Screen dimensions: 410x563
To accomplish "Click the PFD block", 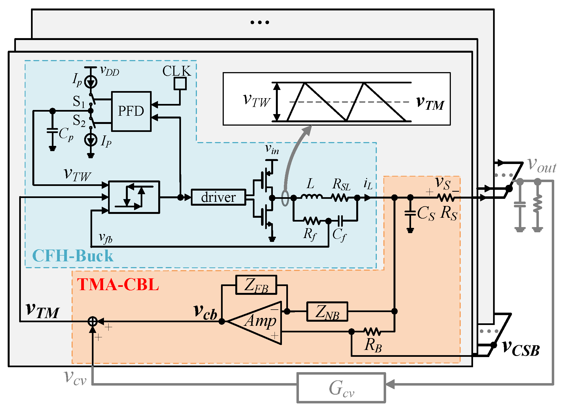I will (x=131, y=111).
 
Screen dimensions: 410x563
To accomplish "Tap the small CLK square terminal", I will (x=180, y=84).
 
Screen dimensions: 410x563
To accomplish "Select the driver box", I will (x=218, y=197).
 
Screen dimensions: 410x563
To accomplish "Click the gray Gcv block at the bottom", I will (x=341, y=388).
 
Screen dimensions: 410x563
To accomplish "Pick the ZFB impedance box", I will (x=256, y=285).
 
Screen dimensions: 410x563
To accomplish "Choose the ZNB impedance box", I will (x=327, y=312).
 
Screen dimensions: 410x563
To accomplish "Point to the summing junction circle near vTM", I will (x=93, y=321).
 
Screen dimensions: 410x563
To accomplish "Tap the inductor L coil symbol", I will (x=311, y=196).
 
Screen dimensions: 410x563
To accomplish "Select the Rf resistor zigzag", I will (x=312, y=220).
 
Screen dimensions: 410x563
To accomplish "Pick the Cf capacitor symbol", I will (x=340, y=220).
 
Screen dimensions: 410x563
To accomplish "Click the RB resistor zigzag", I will (x=372, y=332).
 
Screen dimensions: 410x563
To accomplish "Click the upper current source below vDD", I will (x=90, y=81).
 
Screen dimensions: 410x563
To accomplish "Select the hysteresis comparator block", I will (x=134, y=197).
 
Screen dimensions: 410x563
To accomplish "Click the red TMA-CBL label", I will (x=118, y=284).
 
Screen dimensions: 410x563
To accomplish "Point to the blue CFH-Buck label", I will (x=73, y=256).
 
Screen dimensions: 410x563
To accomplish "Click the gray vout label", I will (x=542, y=166).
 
